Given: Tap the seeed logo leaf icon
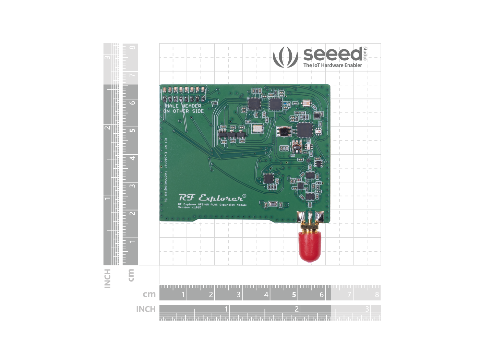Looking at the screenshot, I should point(285,57).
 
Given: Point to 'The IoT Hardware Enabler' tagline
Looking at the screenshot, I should point(333,65).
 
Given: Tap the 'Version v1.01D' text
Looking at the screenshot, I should point(190,207).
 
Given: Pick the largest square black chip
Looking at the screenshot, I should point(304,130).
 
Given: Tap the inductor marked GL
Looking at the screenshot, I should point(284,131).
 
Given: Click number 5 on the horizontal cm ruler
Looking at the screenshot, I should point(294,295).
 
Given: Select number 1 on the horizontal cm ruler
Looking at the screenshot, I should point(183,295).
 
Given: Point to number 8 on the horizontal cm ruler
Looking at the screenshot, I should point(377,295).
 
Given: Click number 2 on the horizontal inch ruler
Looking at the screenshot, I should point(296,309).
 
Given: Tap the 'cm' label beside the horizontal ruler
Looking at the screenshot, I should point(149,294).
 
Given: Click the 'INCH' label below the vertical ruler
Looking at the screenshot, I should point(107,278).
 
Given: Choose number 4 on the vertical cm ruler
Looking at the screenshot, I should point(132,158).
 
